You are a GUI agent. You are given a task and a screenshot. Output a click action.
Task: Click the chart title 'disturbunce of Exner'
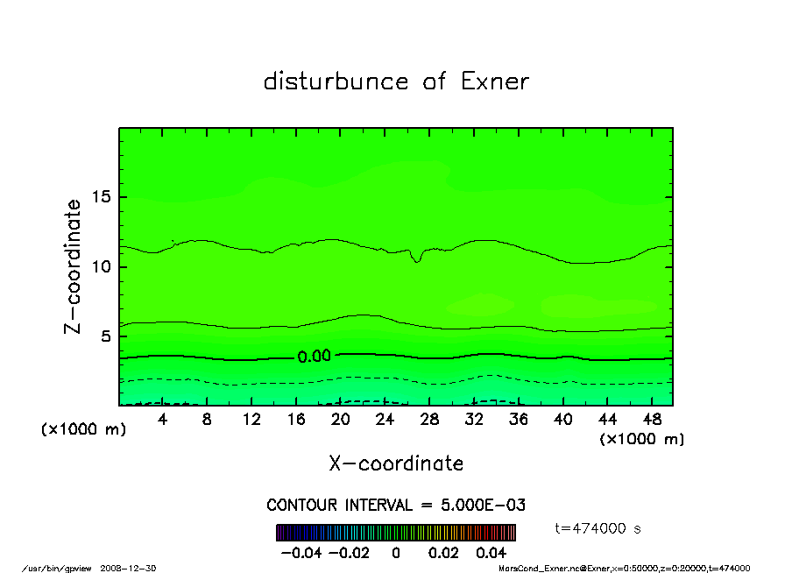click(396, 81)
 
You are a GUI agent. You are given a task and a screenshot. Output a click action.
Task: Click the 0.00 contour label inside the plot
click(314, 357)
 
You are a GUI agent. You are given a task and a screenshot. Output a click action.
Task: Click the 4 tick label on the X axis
click(163, 420)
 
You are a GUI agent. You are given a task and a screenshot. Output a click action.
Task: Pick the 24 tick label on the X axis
click(385, 420)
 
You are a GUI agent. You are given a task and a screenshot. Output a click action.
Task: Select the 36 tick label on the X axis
click(518, 420)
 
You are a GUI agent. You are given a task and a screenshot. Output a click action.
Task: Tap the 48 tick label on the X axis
click(651, 420)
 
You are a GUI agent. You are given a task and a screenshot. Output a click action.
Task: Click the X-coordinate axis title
click(396, 463)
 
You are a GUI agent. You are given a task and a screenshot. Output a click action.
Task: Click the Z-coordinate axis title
click(74, 266)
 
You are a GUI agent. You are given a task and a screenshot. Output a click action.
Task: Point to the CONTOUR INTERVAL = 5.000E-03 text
click(396, 506)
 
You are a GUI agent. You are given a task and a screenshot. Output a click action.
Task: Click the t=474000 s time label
click(599, 528)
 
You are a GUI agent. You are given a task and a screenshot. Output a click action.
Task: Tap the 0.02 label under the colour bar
click(443, 554)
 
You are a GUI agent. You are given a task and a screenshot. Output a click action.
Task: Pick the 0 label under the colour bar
click(396, 554)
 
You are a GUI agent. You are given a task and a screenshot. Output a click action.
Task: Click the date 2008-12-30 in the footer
click(135, 568)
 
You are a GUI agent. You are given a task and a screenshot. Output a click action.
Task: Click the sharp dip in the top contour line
click(417, 259)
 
